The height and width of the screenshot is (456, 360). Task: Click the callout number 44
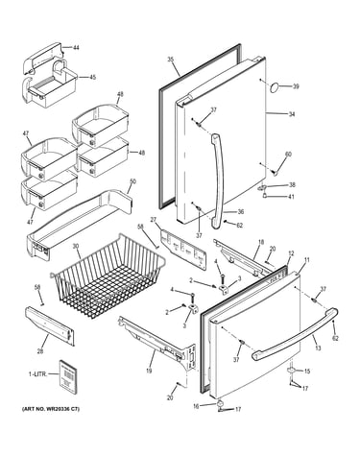[x=76, y=48]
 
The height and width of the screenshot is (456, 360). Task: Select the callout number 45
[x=92, y=77]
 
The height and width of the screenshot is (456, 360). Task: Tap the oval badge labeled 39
[x=275, y=87]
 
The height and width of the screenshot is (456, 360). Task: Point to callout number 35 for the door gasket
[x=170, y=59]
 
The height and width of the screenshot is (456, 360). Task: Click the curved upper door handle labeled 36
[x=216, y=180]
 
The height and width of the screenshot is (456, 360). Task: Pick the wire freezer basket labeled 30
[x=108, y=275]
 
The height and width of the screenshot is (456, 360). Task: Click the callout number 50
[x=132, y=181]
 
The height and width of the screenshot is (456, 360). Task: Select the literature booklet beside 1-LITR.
[x=68, y=375]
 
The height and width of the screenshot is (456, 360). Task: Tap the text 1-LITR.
[x=37, y=373]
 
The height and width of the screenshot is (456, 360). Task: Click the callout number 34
[x=292, y=114]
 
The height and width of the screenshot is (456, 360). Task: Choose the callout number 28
[x=40, y=351]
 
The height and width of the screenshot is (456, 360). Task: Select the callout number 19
[x=149, y=371]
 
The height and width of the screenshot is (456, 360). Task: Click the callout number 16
[x=196, y=406]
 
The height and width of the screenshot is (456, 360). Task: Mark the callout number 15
[x=307, y=372]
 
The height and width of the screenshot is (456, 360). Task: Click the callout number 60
[x=288, y=155]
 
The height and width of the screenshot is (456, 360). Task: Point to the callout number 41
[x=291, y=197]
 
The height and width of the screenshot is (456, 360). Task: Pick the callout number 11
[x=307, y=260]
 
